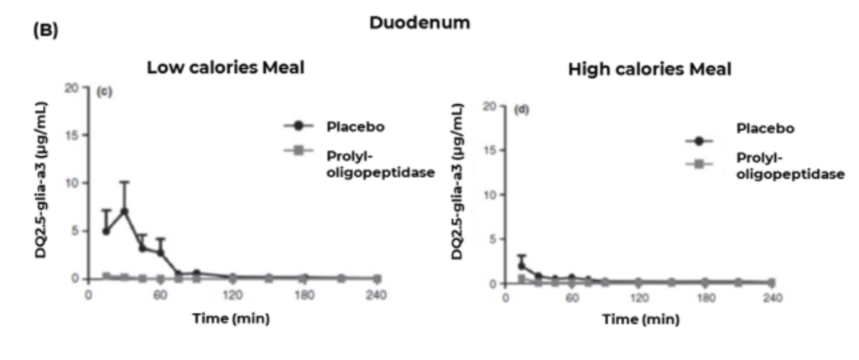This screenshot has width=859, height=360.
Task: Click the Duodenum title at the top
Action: (419, 23)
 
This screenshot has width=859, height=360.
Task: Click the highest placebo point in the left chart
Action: (124, 211)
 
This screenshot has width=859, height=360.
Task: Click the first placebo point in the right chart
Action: (521, 266)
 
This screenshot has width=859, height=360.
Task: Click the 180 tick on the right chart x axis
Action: (705, 299)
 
